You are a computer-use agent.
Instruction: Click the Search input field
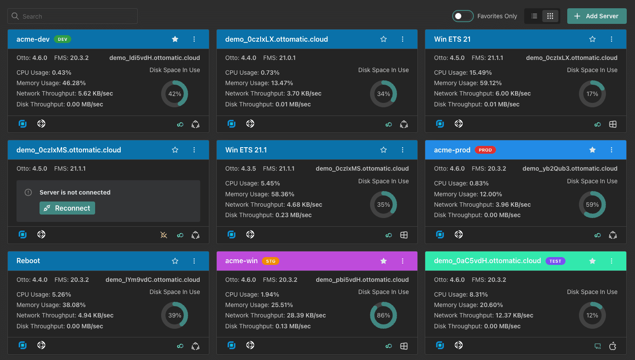[x=73, y=16]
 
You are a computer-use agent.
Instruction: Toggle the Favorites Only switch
[x=463, y=16]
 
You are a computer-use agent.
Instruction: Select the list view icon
[x=534, y=16]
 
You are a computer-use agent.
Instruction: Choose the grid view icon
[x=550, y=16]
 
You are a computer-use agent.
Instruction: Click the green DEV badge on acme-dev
[x=63, y=39]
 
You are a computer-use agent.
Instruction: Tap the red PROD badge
[x=485, y=150]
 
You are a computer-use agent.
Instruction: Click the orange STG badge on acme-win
[x=271, y=261]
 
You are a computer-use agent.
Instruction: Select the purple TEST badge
[x=555, y=261]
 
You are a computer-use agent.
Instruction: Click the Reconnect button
[x=67, y=208]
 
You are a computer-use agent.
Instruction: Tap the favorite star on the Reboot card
[x=175, y=261]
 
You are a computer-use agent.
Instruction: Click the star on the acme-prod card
[x=592, y=150]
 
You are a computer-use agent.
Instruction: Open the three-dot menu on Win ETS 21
[x=611, y=39]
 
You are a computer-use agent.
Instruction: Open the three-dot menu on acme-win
[x=402, y=261]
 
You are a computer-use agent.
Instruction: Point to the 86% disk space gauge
[x=383, y=302]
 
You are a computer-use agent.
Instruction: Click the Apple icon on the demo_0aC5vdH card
[x=612, y=346]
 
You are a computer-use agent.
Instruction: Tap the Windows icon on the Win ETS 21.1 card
[x=403, y=235]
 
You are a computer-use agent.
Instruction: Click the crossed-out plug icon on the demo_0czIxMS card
[x=164, y=235]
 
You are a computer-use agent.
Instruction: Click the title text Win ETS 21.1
[x=246, y=150]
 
